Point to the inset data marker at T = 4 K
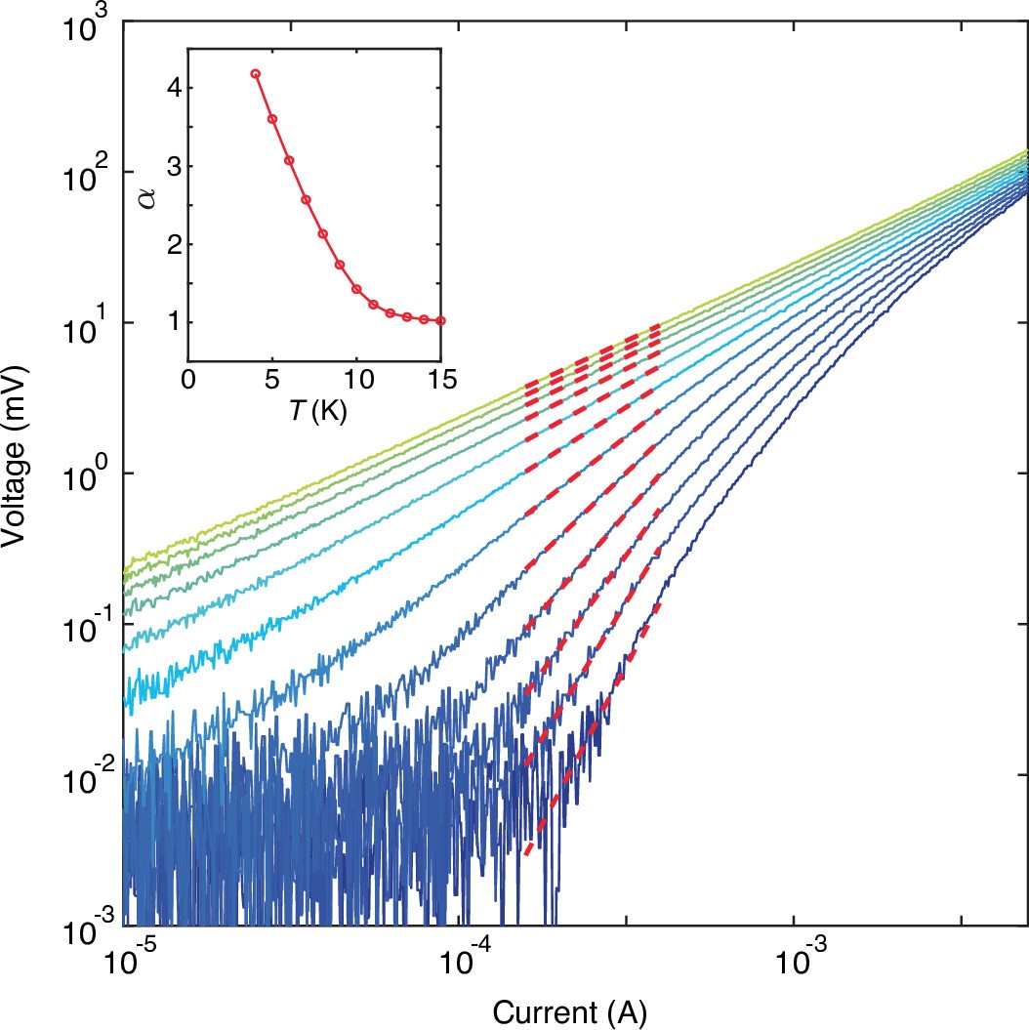[x=256, y=73]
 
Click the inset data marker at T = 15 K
[x=441, y=320]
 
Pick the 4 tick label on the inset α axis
[x=170, y=88]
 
